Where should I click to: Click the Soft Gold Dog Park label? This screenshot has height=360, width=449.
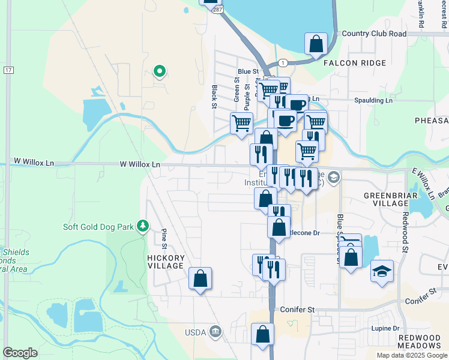100,227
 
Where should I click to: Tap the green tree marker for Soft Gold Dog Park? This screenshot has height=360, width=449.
143,226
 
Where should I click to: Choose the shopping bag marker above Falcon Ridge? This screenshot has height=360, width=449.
316,44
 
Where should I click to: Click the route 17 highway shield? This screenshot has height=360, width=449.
8,70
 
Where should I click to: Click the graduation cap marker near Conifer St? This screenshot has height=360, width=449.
382,271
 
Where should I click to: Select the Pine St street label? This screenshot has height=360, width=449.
163,238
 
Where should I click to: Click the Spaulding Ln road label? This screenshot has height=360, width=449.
373,100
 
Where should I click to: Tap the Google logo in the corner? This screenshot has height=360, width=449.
20,352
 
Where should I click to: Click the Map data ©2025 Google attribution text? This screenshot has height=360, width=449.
411,355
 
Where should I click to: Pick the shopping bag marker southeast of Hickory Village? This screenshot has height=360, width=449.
200,279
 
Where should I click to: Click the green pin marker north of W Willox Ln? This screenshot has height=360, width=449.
159,72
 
